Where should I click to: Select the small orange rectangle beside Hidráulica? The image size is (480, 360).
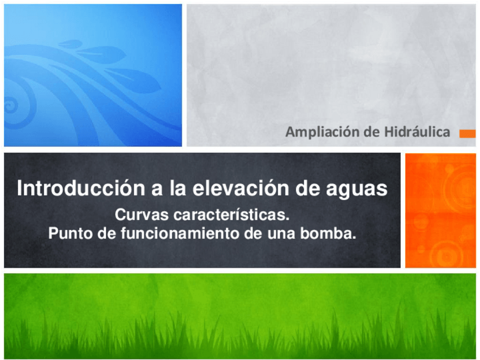point(467,134)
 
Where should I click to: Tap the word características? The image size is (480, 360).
point(225,216)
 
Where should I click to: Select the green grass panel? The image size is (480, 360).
point(240,315)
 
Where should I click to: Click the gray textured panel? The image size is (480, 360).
point(331,68)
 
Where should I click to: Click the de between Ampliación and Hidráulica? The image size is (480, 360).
point(372,133)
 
